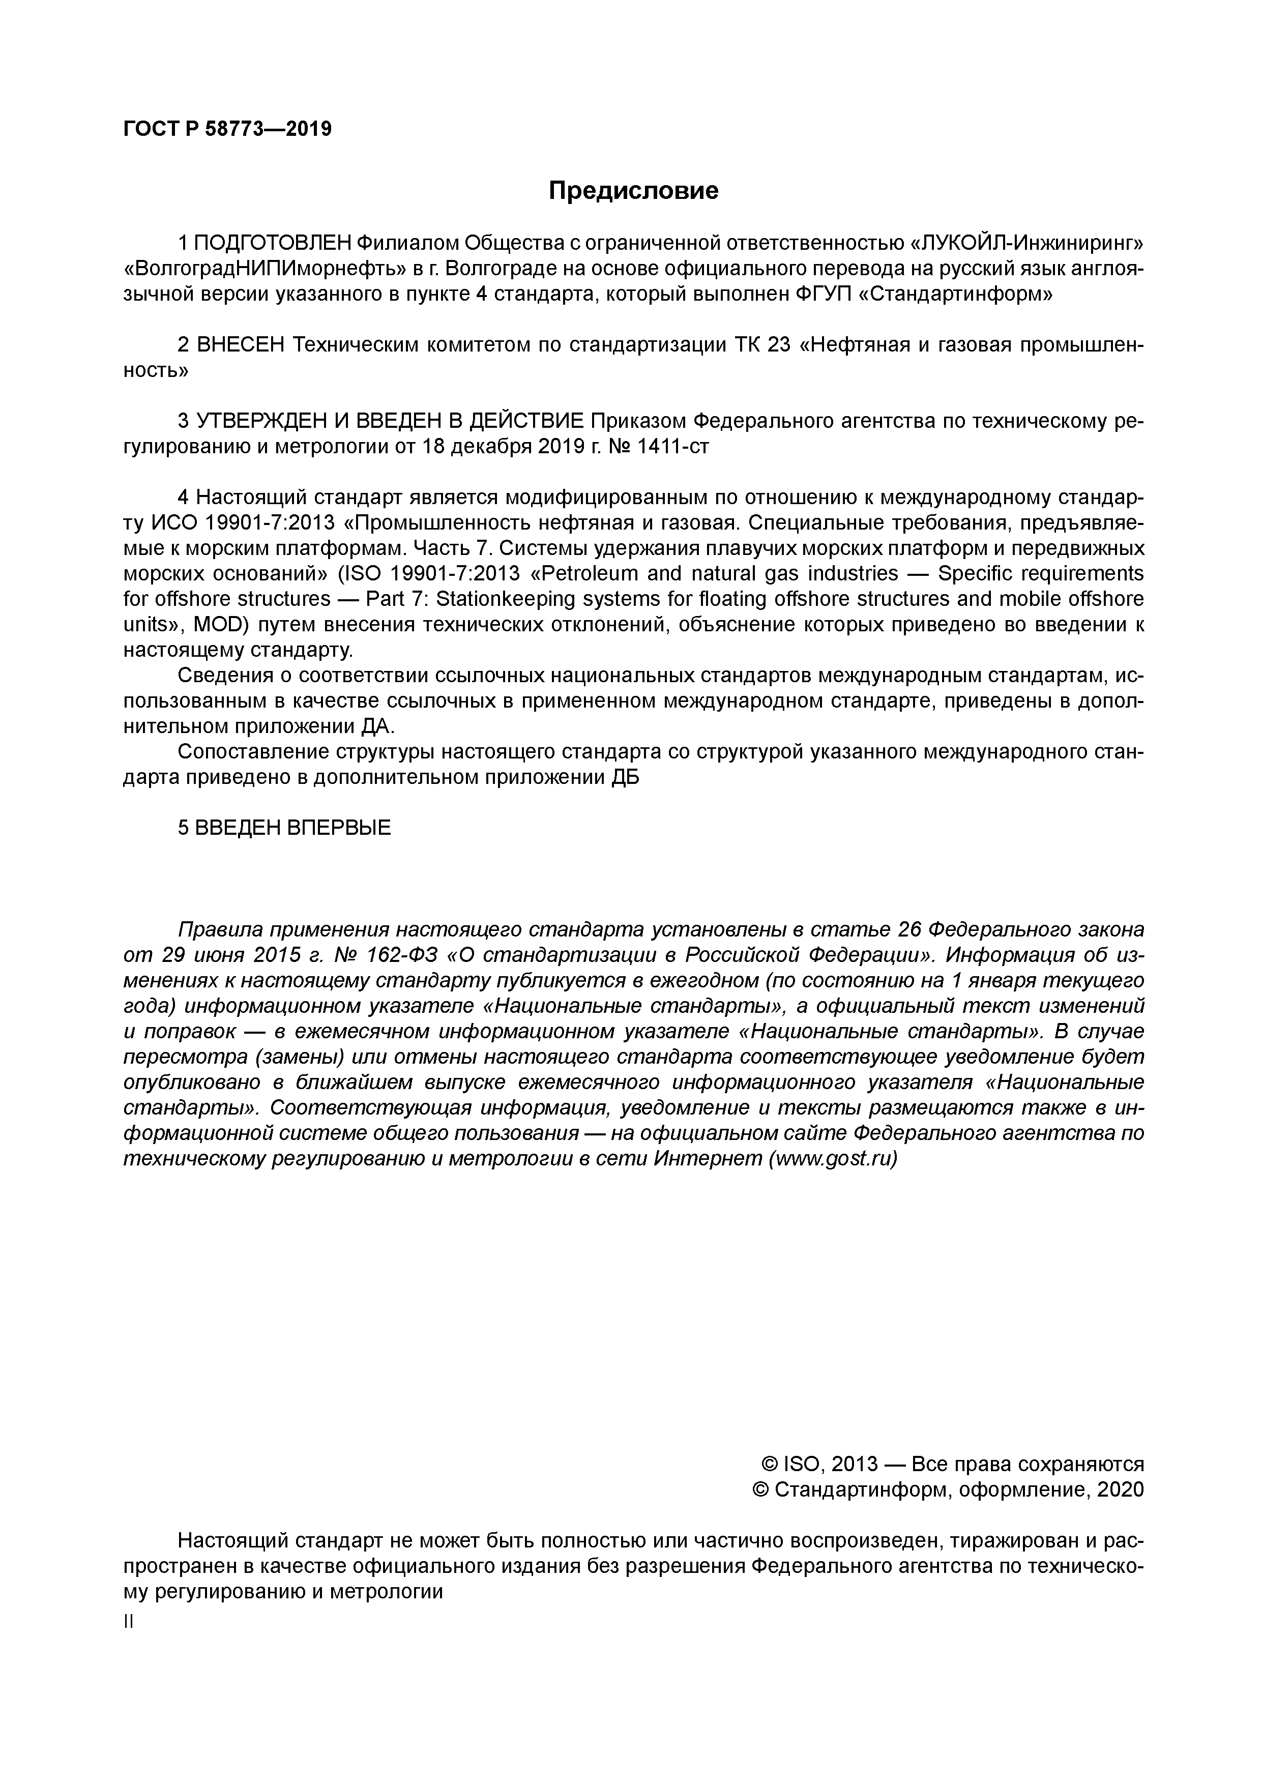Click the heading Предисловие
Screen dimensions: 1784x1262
click(633, 190)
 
